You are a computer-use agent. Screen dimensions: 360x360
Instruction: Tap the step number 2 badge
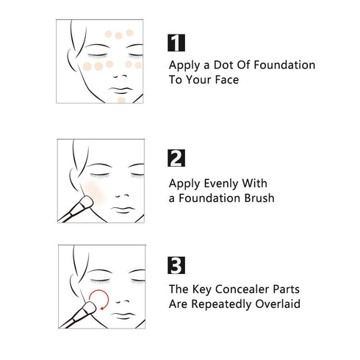177,158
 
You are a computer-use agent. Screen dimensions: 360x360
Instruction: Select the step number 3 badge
177,265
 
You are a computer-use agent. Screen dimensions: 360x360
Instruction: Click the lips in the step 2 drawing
122,209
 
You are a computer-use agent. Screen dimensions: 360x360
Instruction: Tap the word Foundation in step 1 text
276,65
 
